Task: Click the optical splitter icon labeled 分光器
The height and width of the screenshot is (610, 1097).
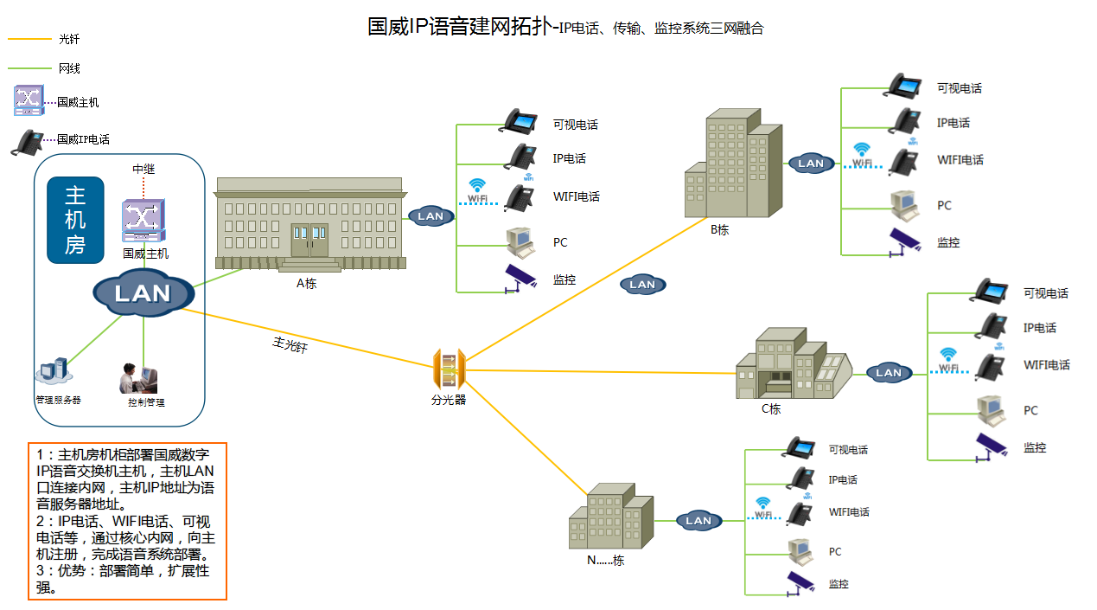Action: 449,370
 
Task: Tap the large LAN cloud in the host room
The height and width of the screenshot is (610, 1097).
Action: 143,293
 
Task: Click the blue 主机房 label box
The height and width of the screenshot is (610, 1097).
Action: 75,220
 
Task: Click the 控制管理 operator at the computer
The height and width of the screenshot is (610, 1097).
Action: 138,379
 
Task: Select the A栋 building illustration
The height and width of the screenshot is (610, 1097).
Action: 309,224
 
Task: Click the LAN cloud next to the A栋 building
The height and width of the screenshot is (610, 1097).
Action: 431,216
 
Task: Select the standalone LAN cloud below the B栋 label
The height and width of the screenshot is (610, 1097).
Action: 642,284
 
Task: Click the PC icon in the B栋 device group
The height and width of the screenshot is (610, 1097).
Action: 904,205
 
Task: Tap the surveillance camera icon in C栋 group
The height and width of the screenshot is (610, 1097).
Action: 991,446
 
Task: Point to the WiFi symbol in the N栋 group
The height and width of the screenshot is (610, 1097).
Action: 762,506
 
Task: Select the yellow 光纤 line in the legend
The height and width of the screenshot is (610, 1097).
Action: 29,39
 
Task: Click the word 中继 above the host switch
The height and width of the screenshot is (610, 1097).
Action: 144,169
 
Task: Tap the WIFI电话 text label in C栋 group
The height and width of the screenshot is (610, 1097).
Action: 1047,365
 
